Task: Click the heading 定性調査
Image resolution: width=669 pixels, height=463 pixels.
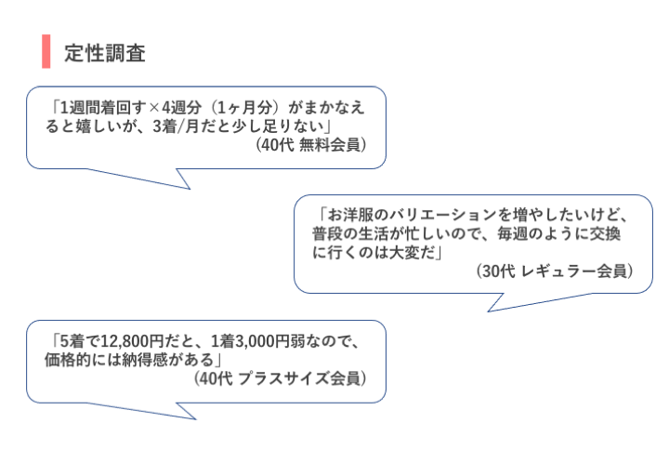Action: (x=105, y=53)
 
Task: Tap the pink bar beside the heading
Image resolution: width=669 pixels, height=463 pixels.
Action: (x=46, y=53)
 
